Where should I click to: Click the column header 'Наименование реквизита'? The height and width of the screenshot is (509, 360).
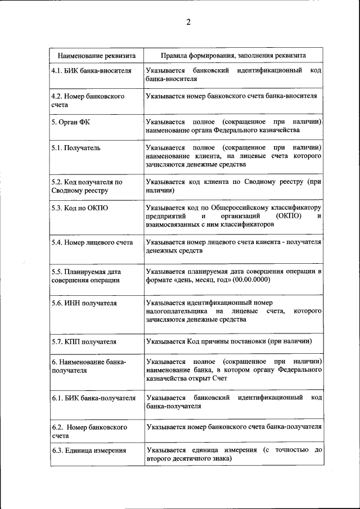tap(94, 56)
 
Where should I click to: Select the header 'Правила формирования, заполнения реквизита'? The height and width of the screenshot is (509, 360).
tap(233, 56)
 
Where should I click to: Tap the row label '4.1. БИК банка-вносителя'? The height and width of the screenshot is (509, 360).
tap(91, 71)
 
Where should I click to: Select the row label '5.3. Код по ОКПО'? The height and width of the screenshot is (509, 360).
tap(79, 208)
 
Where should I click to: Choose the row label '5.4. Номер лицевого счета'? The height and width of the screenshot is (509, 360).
tap(92, 242)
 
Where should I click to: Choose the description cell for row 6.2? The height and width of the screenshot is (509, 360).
tap(233, 427)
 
